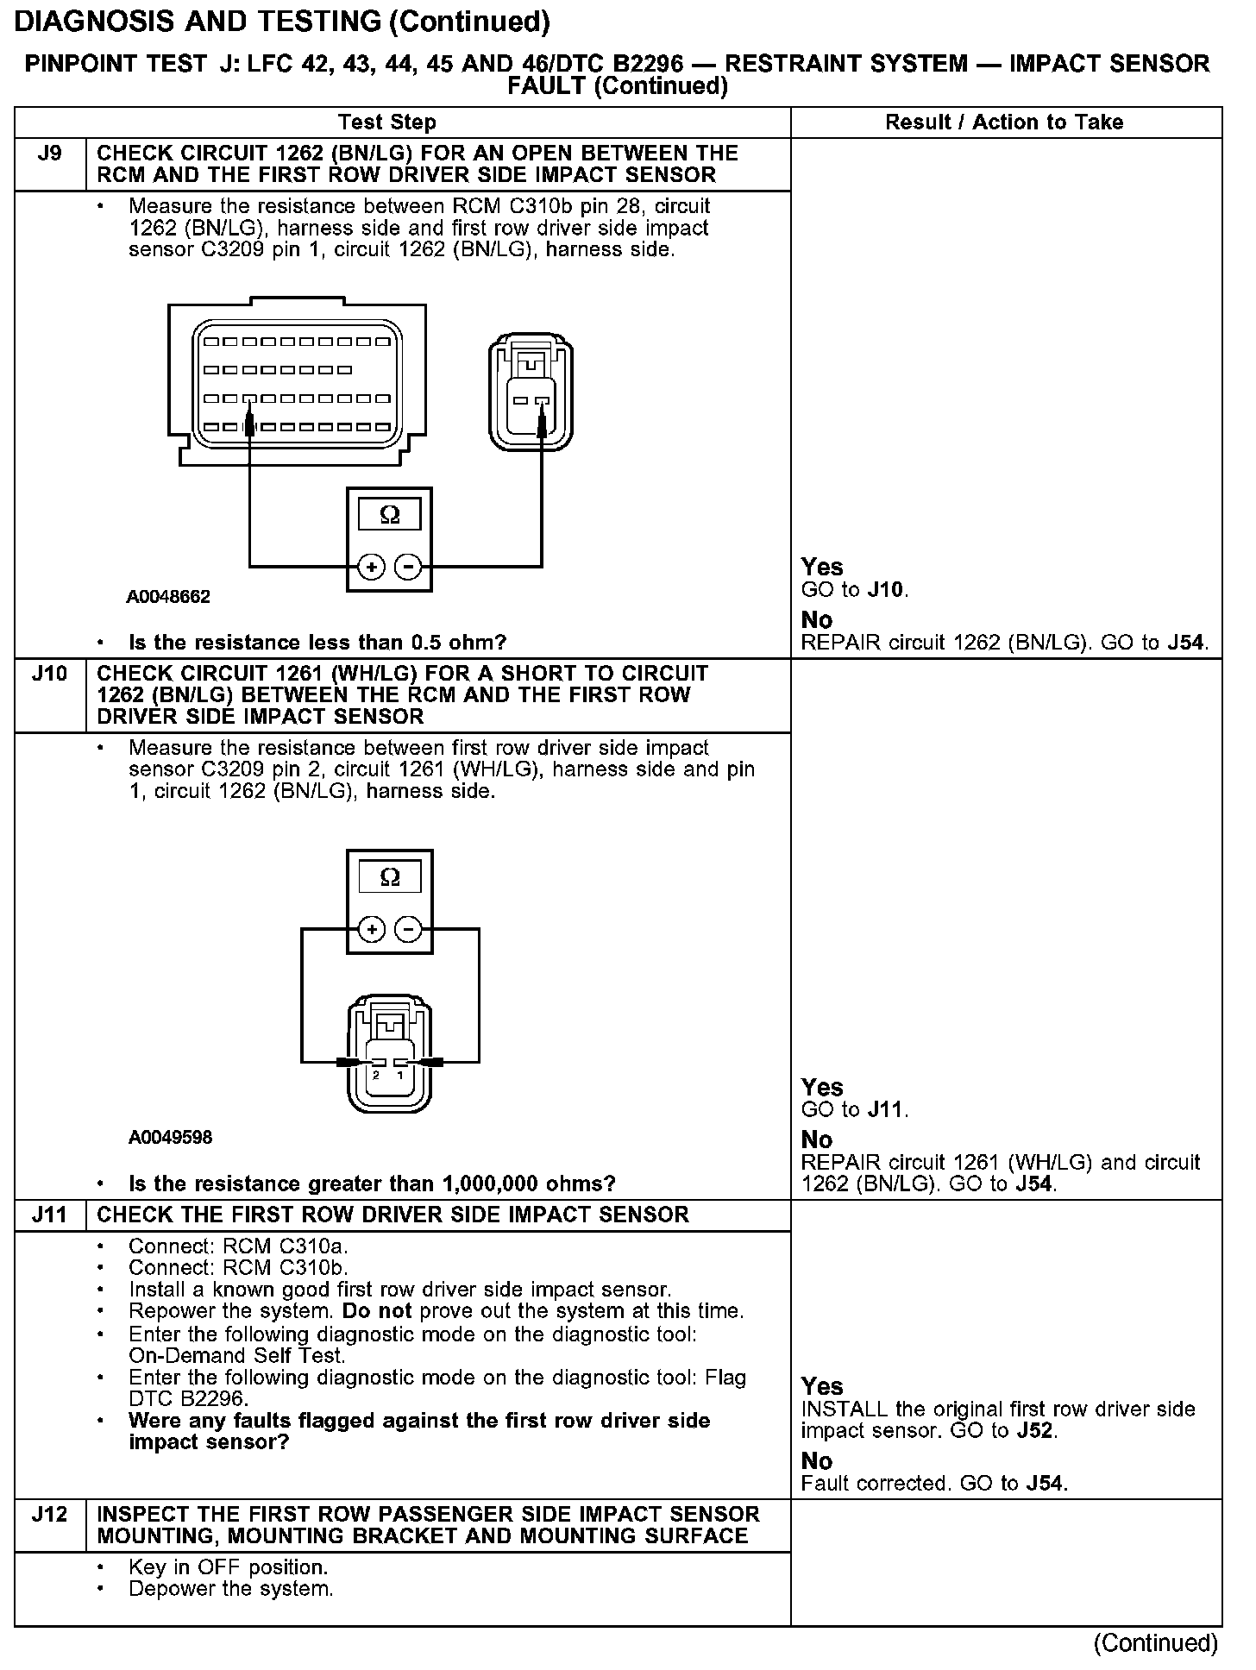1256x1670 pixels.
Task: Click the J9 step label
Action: coord(50,154)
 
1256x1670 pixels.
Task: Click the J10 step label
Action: coord(49,674)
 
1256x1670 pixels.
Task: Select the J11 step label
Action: coord(49,1215)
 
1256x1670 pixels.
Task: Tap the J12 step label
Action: coord(49,1514)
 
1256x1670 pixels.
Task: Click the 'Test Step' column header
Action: coord(387,122)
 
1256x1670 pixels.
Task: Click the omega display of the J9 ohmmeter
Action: coord(389,515)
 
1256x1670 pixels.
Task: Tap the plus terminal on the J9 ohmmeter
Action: coord(371,567)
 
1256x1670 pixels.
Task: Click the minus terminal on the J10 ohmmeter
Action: coord(407,929)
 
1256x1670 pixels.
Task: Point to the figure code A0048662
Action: coord(168,597)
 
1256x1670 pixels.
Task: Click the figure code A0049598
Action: coord(170,1137)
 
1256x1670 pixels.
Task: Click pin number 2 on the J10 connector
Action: coord(377,1076)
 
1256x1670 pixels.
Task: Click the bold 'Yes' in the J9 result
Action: coord(821,567)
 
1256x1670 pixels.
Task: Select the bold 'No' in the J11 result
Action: coord(816,1460)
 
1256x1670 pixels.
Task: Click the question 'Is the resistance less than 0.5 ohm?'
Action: coord(317,643)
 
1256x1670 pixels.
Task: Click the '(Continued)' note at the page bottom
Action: coord(1154,1642)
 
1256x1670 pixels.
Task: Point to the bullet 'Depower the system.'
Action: coord(230,1588)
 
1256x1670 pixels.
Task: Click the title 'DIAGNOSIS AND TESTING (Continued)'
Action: coord(282,22)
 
